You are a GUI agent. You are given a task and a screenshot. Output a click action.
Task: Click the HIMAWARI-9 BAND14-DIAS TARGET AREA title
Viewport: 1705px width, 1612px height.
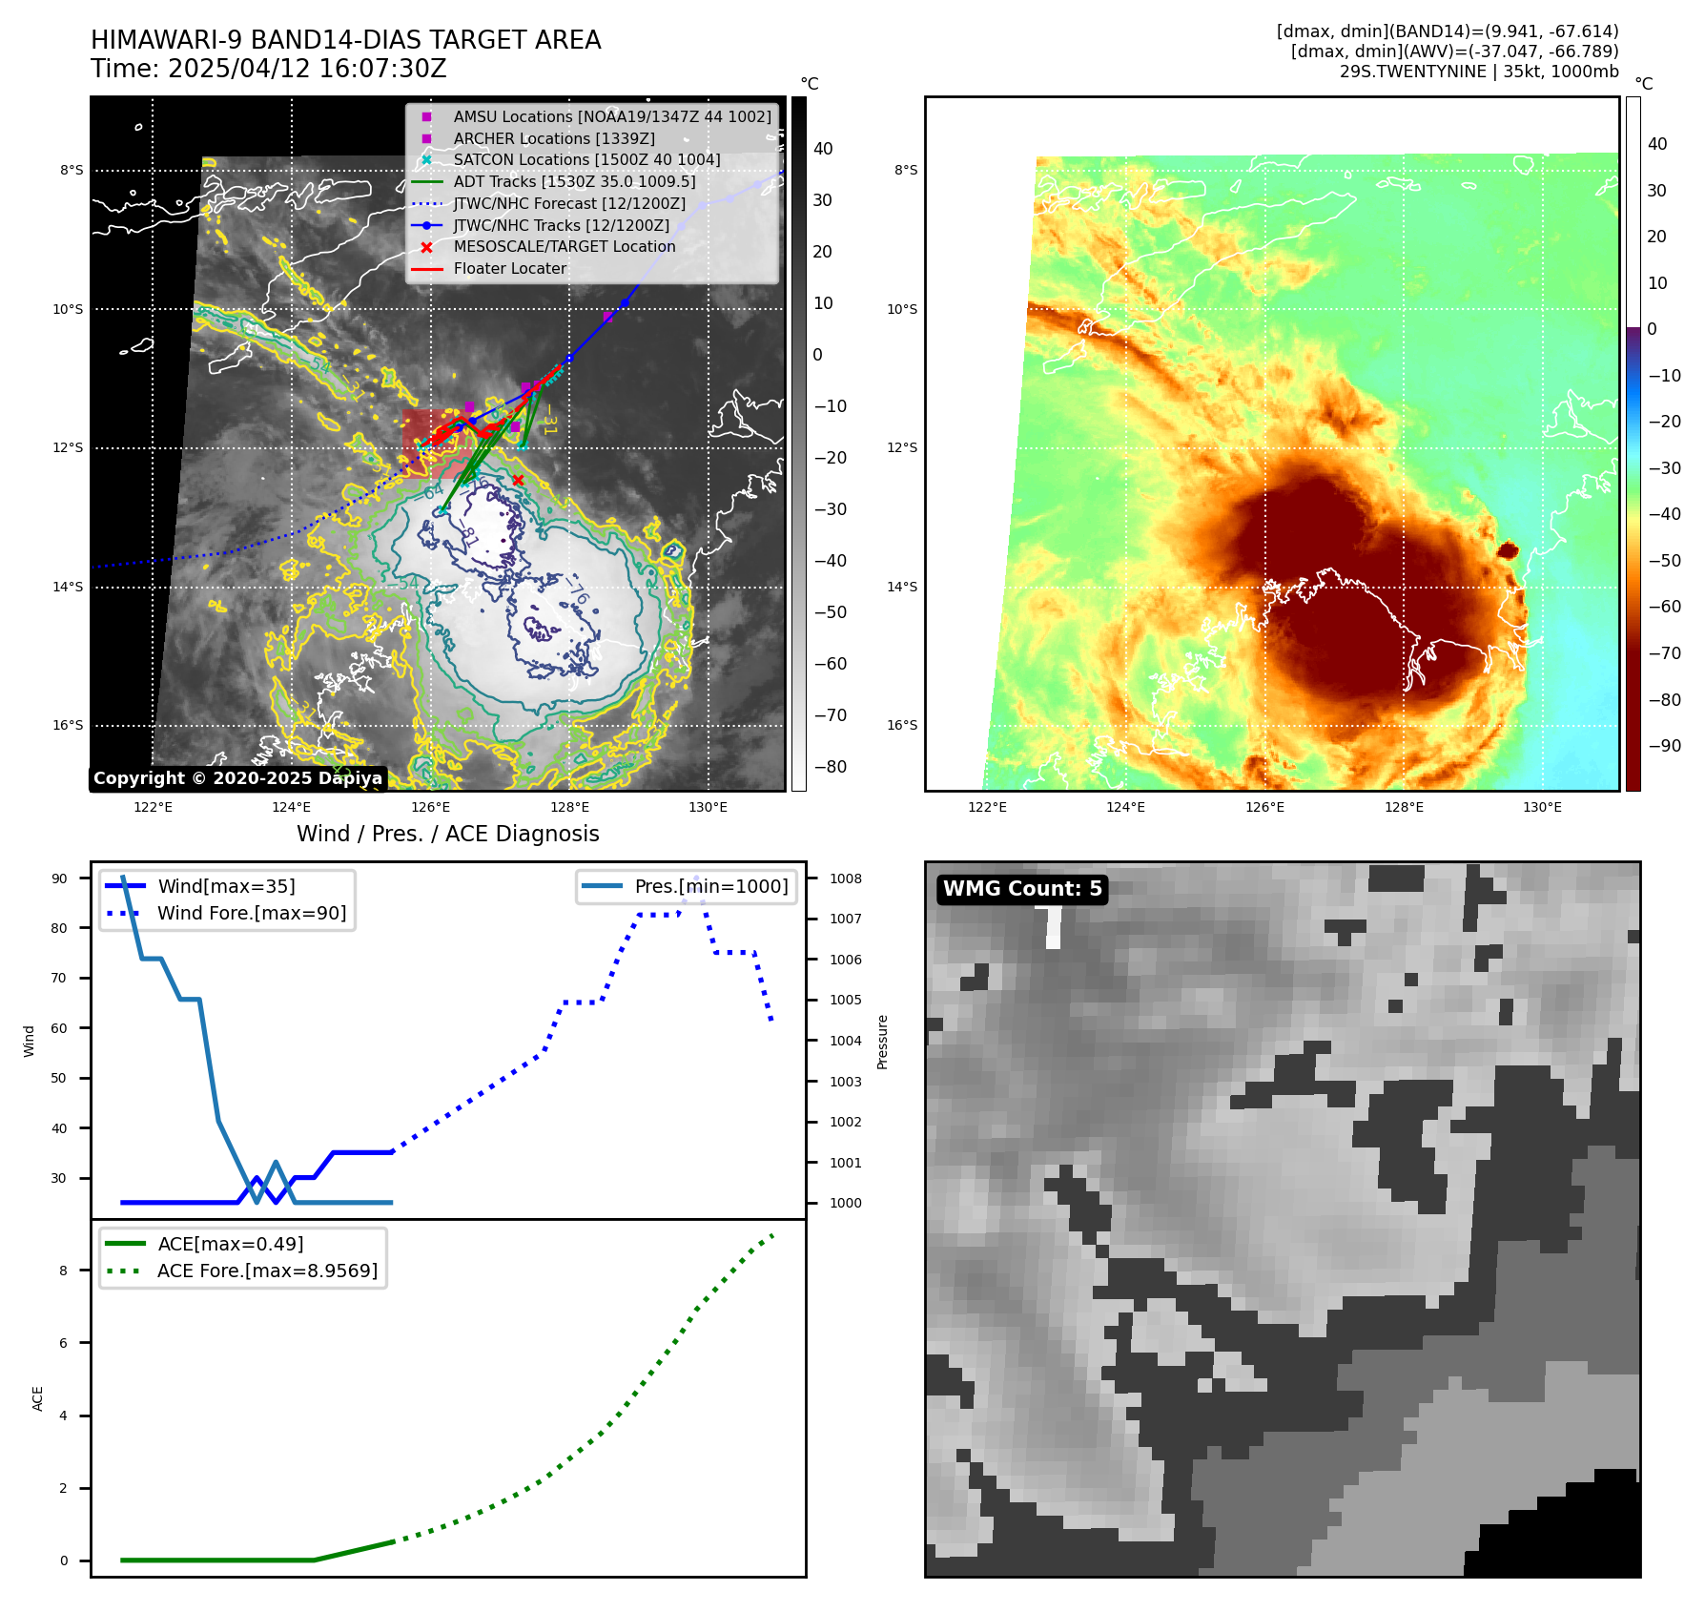(x=345, y=40)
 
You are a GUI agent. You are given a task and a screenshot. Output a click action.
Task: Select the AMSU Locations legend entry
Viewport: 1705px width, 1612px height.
(x=611, y=116)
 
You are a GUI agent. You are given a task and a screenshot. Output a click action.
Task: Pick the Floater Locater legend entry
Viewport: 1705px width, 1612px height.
(x=509, y=268)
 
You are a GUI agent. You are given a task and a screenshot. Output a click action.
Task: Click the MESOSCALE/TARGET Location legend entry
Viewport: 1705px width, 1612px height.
(x=564, y=246)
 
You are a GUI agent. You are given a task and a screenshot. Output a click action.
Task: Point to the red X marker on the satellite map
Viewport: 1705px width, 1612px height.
(x=518, y=480)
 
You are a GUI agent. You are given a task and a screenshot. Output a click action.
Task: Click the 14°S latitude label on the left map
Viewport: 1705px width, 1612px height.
(x=68, y=587)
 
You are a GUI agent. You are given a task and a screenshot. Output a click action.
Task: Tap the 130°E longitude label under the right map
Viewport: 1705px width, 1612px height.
(x=1542, y=807)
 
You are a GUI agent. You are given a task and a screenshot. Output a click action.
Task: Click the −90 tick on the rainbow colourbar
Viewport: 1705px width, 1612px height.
(x=1665, y=746)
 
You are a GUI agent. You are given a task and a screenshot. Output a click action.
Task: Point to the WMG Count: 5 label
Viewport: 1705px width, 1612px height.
(x=1022, y=889)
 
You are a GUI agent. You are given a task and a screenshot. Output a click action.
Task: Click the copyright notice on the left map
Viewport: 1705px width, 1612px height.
(x=237, y=778)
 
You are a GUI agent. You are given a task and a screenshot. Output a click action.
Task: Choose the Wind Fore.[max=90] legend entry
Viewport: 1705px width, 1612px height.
(x=252, y=913)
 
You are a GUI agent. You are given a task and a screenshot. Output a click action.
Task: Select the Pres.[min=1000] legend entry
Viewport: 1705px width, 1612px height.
(x=711, y=886)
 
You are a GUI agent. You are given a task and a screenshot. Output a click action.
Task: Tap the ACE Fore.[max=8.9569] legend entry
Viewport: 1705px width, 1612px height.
(x=267, y=1271)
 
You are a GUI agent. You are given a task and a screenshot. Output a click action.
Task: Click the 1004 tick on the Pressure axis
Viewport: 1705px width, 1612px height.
(x=845, y=1041)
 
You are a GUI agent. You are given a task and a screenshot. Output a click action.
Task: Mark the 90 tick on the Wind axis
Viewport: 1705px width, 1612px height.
(x=59, y=878)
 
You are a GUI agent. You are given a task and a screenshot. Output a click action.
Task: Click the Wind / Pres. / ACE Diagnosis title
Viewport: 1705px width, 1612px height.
(x=447, y=834)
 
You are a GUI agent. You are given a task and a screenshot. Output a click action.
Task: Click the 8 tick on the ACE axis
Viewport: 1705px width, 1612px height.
(x=64, y=1271)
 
